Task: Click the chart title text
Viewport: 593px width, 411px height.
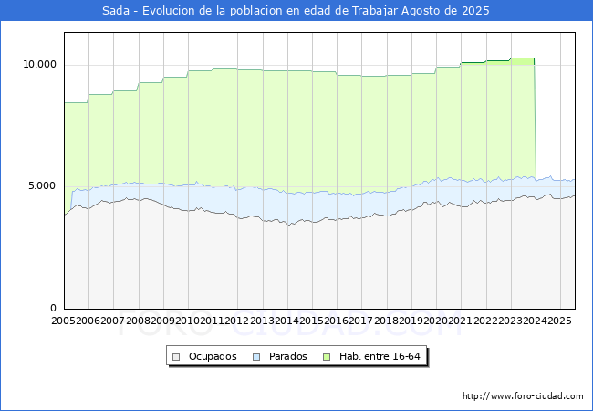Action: click(296, 11)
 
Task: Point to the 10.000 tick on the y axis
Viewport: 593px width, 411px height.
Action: click(39, 65)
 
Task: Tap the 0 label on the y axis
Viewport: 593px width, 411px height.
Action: click(54, 308)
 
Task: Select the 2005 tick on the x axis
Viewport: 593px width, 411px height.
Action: click(64, 321)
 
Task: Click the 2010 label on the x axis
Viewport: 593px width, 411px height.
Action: click(188, 321)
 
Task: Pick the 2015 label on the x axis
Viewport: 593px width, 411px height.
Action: click(312, 321)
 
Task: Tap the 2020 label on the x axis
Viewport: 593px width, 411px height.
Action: click(436, 321)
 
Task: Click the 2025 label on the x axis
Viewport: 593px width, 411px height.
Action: click(559, 321)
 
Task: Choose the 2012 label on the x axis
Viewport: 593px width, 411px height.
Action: click(237, 321)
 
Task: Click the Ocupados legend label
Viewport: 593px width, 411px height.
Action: click(213, 356)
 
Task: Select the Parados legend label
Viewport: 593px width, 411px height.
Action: click(288, 356)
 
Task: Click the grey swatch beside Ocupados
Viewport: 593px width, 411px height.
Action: click(177, 356)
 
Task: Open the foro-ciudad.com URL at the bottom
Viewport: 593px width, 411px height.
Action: click(523, 396)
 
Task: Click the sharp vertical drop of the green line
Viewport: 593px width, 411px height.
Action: click(535, 119)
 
